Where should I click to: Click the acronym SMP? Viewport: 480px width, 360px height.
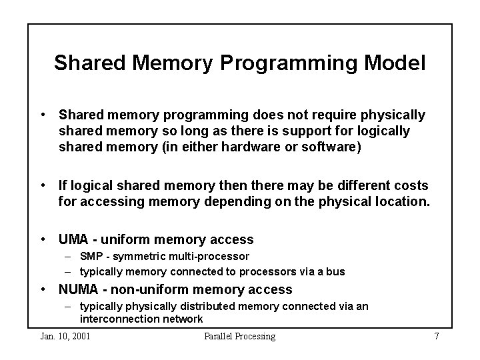coord(90,257)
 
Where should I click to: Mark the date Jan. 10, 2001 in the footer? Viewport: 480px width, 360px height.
coord(65,336)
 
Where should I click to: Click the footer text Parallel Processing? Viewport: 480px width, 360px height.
coord(239,336)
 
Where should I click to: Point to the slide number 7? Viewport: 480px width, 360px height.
coord(436,336)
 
